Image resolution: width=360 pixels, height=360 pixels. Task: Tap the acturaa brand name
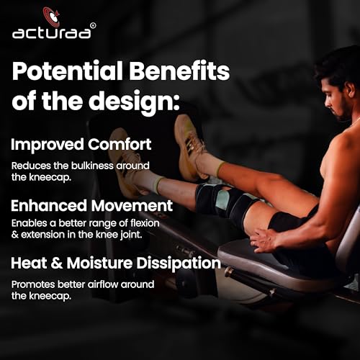52,33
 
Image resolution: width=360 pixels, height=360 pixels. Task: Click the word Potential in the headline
68,71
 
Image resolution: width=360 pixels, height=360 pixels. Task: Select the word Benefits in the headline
179,71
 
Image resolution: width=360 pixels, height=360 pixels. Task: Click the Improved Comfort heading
81,145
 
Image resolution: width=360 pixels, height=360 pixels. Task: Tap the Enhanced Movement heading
91,206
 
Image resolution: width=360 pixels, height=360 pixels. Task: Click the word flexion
145,223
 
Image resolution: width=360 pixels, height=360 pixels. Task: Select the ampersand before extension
15,235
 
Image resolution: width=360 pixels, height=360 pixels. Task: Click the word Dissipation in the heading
179,264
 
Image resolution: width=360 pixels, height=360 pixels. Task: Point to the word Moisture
99,263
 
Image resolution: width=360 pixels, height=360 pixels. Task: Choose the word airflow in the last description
103,284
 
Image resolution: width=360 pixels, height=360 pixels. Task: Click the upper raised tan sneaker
189,147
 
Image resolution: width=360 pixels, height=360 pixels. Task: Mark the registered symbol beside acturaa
94,25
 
